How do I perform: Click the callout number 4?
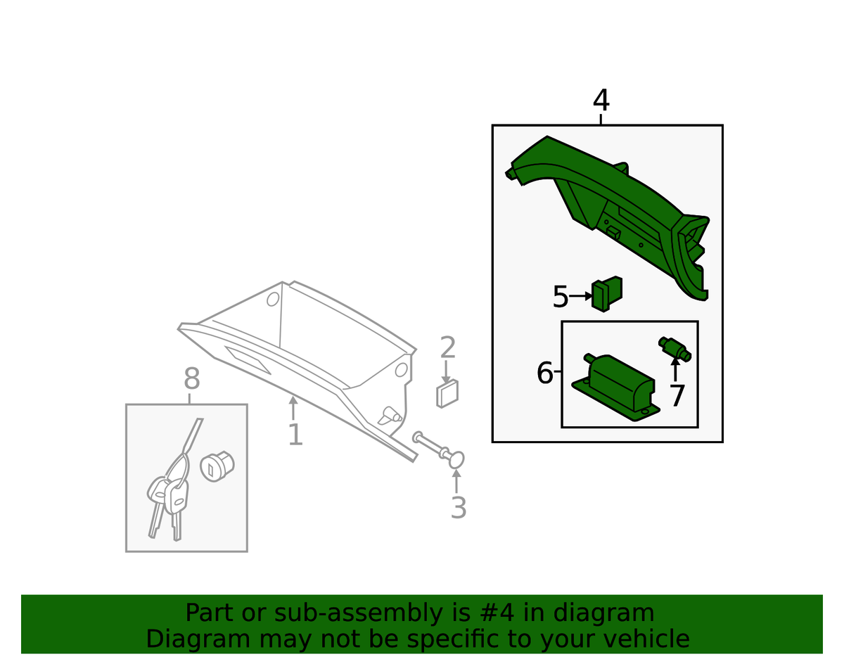(601, 100)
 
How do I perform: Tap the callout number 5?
(561, 297)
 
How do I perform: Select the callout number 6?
(544, 373)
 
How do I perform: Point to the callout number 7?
(677, 396)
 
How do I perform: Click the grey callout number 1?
(295, 435)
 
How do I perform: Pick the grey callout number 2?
(447, 347)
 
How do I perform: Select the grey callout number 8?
(192, 378)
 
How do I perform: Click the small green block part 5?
(607, 294)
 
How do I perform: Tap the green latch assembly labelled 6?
(615, 388)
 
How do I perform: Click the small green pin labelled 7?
(674, 349)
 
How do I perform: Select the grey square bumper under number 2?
(447, 393)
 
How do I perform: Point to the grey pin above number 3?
(438, 449)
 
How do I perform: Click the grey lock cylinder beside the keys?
(217, 466)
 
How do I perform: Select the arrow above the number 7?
(675, 369)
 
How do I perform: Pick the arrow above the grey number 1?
(293, 408)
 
